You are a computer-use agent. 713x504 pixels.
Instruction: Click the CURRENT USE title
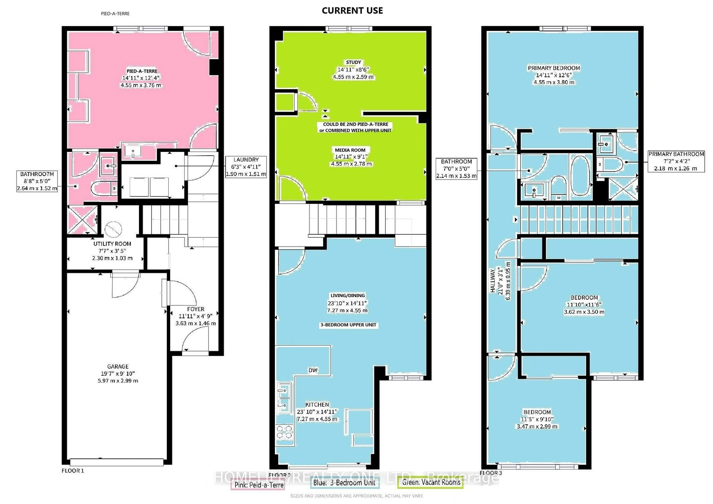pyautogui.click(x=352, y=11)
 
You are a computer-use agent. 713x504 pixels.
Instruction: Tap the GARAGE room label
pyautogui.click(x=118, y=366)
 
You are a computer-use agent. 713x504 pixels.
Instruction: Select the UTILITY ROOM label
pyautogui.click(x=112, y=244)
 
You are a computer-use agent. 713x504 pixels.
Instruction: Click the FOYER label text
pyautogui.click(x=196, y=309)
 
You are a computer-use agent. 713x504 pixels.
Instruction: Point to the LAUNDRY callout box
pyautogui.click(x=246, y=167)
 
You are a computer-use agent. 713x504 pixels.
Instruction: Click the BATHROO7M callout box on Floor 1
pyautogui.click(x=37, y=181)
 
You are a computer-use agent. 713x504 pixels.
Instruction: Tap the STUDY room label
pyautogui.click(x=353, y=62)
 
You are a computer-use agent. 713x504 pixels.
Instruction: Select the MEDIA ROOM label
pyautogui.click(x=350, y=150)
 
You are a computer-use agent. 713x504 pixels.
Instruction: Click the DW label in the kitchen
pyautogui.click(x=313, y=370)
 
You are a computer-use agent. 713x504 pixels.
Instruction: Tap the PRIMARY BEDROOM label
pyautogui.click(x=554, y=68)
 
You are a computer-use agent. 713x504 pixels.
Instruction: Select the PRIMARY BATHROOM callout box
pyautogui.click(x=676, y=161)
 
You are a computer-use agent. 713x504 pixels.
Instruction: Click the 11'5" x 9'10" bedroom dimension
pyautogui.click(x=537, y=419)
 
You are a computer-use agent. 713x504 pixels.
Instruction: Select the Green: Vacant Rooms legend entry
pyautogui.click(x=431, y=482)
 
